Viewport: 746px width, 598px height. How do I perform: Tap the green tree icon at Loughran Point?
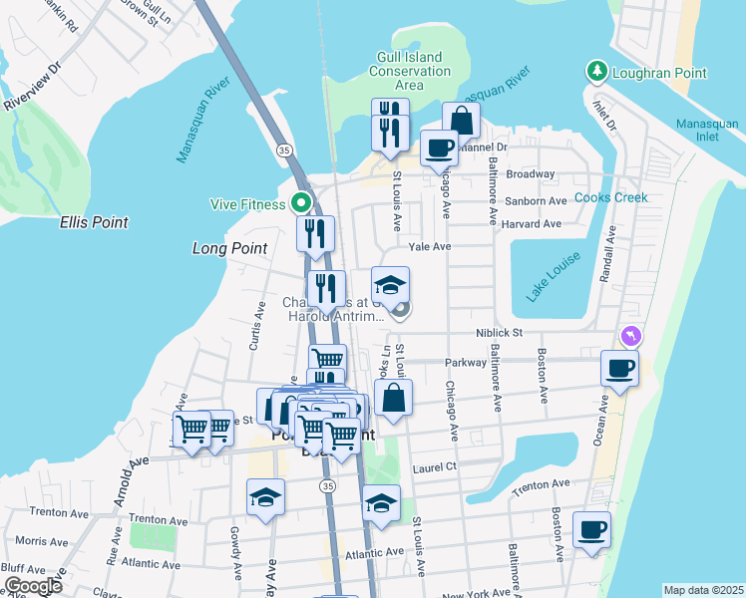coord(596,72)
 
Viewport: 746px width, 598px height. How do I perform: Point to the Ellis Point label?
coord(94,222)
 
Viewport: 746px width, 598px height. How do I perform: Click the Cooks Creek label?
coord(610,197)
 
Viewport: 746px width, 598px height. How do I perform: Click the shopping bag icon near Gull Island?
coord(461,120)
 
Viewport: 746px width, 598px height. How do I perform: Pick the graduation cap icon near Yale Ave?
coord(390,283)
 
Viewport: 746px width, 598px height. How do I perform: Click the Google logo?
coord(33,586)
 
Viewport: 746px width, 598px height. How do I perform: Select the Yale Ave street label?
coord(430,246)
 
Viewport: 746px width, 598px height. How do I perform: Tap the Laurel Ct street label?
coord(436,465)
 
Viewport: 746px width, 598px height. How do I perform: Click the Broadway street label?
coord(530,173)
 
